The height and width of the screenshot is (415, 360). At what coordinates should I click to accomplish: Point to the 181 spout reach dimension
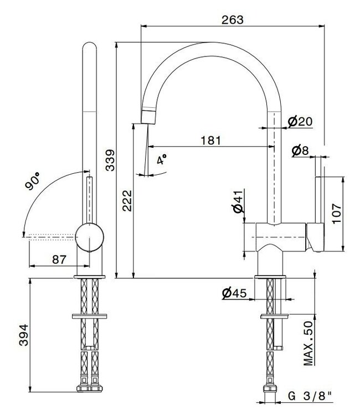pos(210,141)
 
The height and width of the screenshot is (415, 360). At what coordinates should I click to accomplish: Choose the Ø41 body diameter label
pos(237,202)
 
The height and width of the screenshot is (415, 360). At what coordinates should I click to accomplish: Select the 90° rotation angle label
pos(33,182)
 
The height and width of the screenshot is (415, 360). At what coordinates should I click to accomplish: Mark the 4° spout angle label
pos(162,160)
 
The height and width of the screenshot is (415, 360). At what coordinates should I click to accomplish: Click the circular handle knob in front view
pos(89,237)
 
